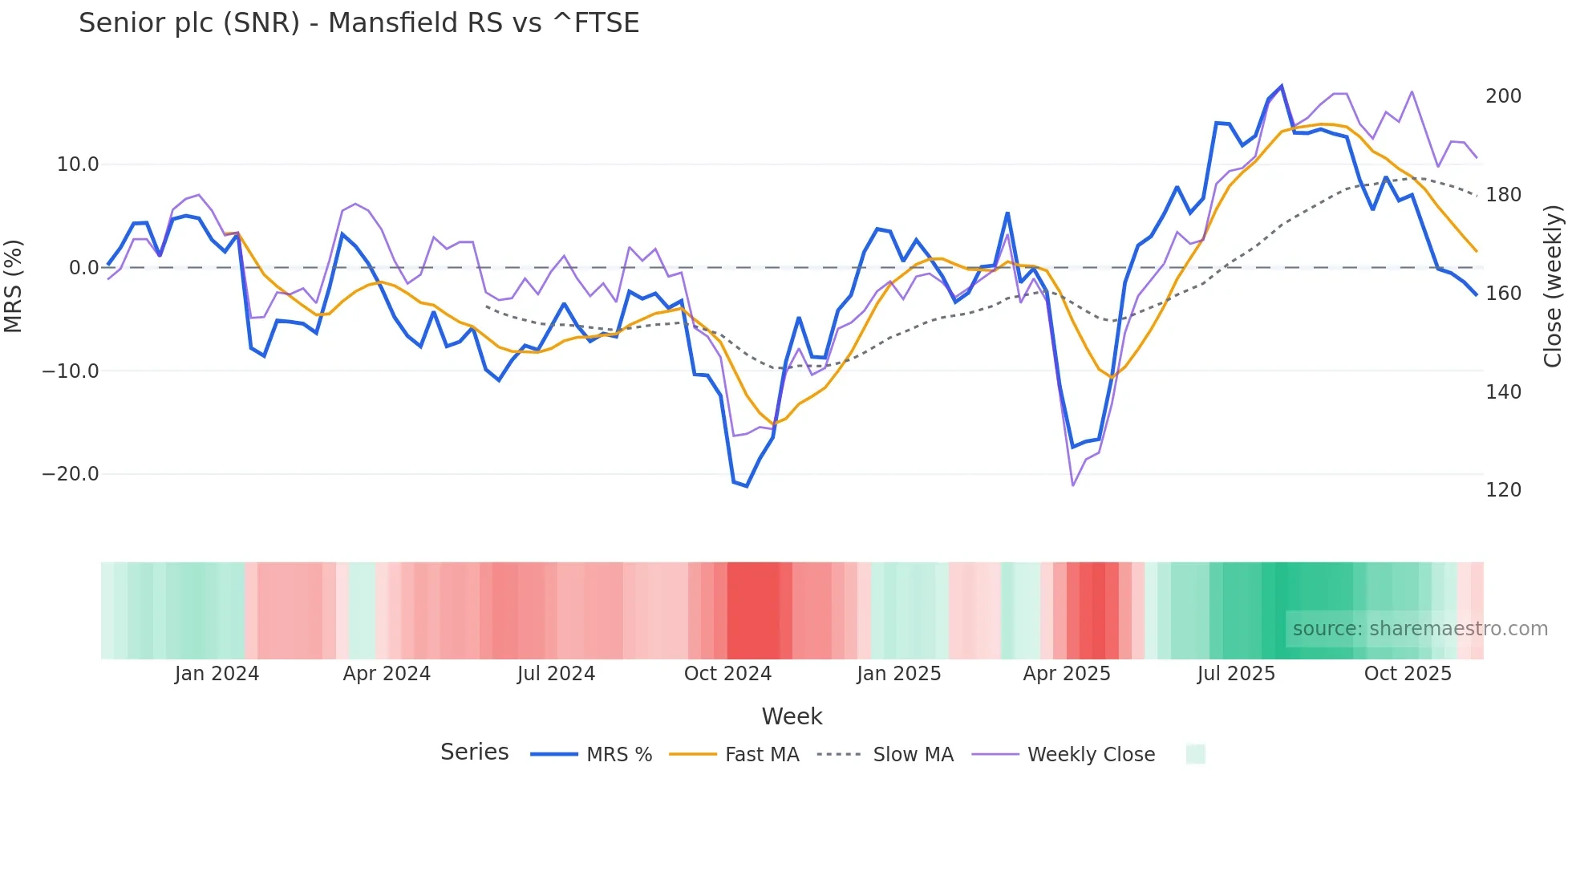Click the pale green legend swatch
pyautogui.click(x=1195, y=754)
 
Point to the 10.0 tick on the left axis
pyautogui.click(x=77, y=164)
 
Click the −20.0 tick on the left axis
pyautogui.click(x=71, y=474)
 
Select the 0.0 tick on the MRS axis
pyautogui.click(x=83, y=268)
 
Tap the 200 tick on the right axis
pyautogui.click(x=1503, y=96)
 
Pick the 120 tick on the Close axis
pyautogui.click(x=1503, y=490)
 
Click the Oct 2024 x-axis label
pyautogui.click(x=727, y=674)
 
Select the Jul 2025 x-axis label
pyautogui.click(x=1236, y=674)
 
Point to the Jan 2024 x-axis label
pyautogui.click(x=217, y=674)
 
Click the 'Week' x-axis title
pyautogui.click(x=792, y=716)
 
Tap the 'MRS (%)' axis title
pyautogui.click(x=14, y=286)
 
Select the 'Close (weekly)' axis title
pyautogui.click(x=1553, y=286)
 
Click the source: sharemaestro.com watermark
pyautogui.click(x=1420, y=629)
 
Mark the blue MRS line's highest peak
pyautogui.click(x=1282, y=86)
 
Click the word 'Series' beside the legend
pyautogui.click(x=474, y=752)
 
